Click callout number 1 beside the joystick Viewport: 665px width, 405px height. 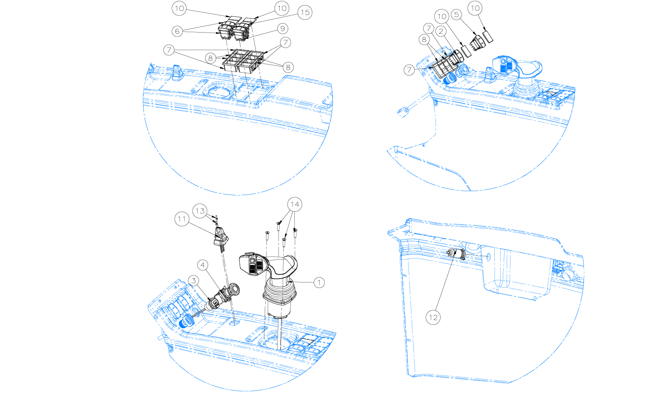tap(319, 282)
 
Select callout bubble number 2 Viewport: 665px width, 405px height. tap(441, 31)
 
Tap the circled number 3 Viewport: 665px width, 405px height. tap(193, 280)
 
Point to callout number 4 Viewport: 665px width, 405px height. tap(203, 265)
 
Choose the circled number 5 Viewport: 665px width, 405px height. tap(456, 15)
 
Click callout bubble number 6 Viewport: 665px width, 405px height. tap(177, 31)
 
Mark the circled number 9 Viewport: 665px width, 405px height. tap(283, 29)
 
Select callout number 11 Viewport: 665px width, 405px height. tap(182, 219)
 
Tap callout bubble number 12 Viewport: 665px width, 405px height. tap(433, 318)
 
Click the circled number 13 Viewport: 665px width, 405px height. tap(200, 211)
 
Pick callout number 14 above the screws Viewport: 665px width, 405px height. tap(295, 204)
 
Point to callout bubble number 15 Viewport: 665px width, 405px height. tap(305, 12)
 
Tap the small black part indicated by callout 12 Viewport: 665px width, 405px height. tap(456, 253)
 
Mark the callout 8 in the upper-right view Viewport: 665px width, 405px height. tap(424, 39)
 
